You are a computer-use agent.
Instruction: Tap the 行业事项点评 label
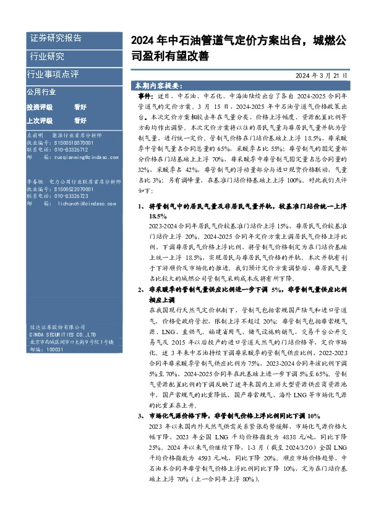point(53,74)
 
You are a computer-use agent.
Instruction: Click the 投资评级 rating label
point(40,107)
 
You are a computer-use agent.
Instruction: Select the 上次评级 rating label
point(40,120)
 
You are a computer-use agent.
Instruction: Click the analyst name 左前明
point(35,135)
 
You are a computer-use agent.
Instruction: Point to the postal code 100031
point(55,350)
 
